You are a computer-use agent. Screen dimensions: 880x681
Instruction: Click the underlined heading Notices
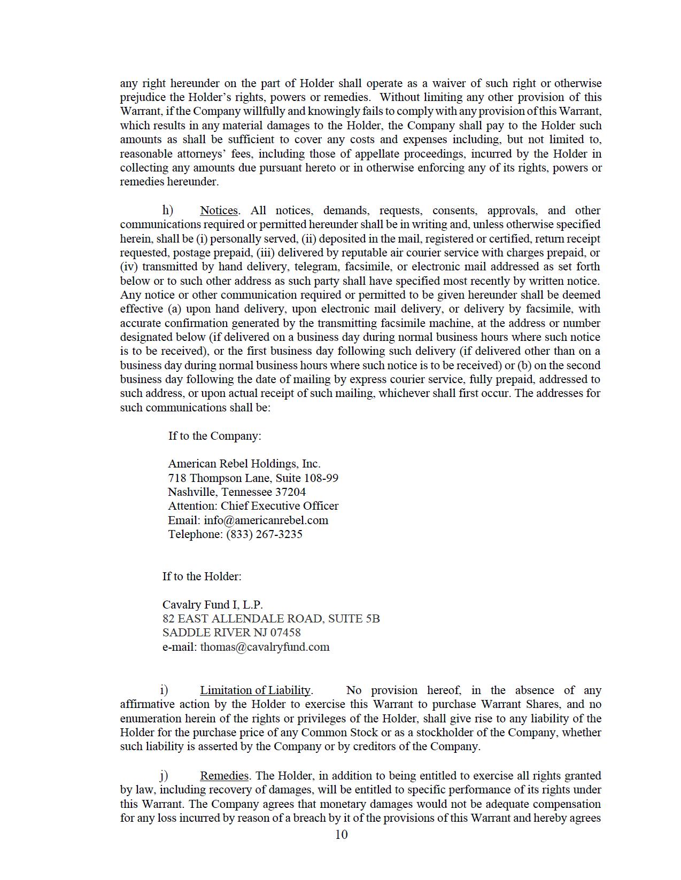219,211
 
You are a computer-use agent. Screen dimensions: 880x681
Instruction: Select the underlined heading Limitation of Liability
255,690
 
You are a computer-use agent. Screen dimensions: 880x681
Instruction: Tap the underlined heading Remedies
224,776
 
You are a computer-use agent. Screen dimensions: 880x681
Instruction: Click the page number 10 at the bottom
341,835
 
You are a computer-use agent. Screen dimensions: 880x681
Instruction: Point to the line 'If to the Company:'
215,436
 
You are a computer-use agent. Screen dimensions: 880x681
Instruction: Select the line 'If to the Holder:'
202,577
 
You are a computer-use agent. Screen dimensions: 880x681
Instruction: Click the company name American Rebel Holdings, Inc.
244,464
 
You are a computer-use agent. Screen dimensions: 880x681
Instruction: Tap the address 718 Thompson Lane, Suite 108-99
253,478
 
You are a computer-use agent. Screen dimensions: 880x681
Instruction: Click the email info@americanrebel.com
266,520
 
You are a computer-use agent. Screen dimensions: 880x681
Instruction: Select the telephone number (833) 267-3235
264,534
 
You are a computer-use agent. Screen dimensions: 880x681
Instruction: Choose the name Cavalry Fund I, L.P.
213,605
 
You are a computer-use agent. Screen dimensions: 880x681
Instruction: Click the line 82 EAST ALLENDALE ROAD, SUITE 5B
271,619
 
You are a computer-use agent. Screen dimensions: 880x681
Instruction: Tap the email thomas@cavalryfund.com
265,647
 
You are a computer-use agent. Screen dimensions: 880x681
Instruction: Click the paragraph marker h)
168,210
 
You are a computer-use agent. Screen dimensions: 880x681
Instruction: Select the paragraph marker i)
164,690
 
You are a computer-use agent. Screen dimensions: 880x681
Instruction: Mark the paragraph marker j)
164,775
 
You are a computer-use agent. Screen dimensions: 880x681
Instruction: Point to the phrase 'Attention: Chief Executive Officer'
253,506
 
